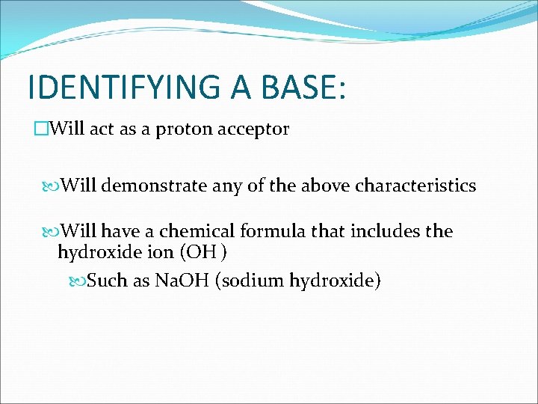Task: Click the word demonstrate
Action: (152, 186)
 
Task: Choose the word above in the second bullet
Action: (323, 186)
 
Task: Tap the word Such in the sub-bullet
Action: (107, 281)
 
